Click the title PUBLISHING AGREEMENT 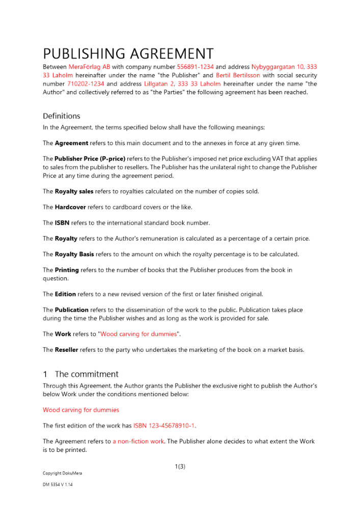pos(128,54)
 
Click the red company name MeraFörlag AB pos(89,67)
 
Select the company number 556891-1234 pos(195,67)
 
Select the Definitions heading pos(61,116)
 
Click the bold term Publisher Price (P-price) pos(90,159)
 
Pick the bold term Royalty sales pos(74,191)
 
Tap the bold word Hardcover pos(70,207)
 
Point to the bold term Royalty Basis pos(74,254)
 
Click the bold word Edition pos(65,294)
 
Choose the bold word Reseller pos(67,350)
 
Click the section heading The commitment pos(87,374)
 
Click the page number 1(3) pos(180,466)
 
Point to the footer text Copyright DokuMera pos(62,473)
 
